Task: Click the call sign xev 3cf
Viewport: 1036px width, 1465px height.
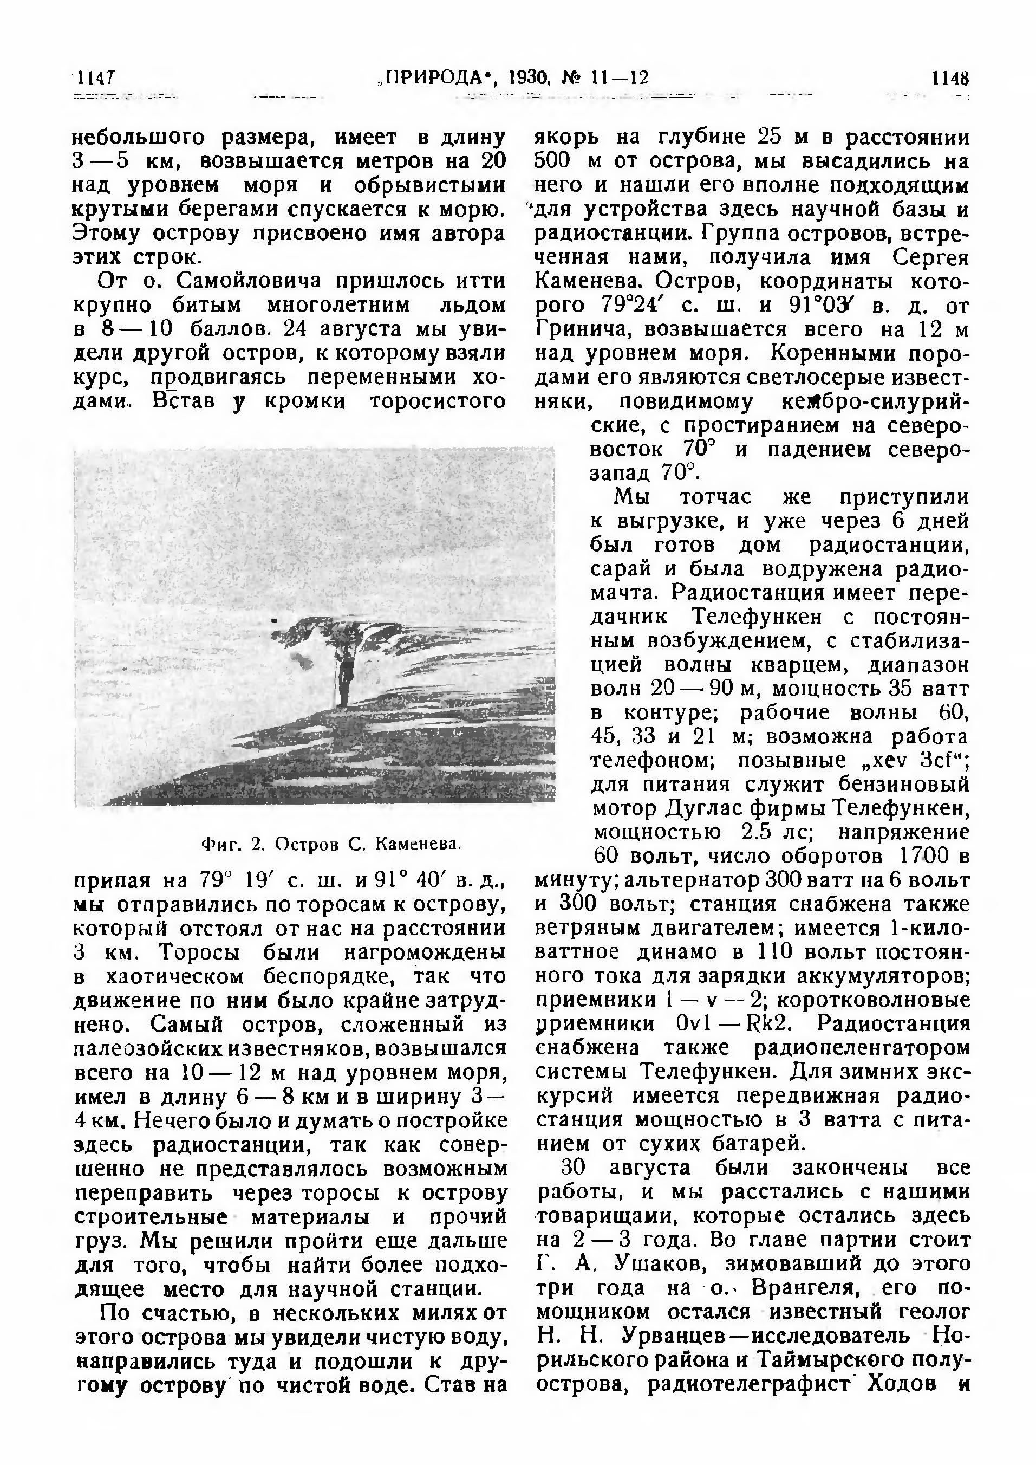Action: (911, 761)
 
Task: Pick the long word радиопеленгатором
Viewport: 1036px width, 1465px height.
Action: (861, 1048)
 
